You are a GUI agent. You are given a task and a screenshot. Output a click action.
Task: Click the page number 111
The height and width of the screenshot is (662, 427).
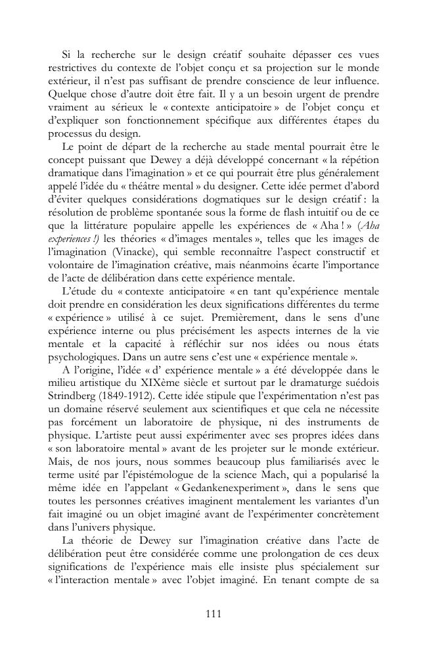click(213, 614)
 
